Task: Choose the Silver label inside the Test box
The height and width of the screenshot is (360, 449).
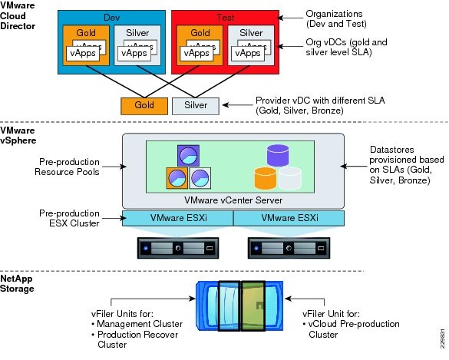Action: click(x=250, y=33)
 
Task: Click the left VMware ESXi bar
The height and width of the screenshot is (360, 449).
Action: click(x=177, y=217)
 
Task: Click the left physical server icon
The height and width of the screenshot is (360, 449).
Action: click(x=177, y=249)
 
